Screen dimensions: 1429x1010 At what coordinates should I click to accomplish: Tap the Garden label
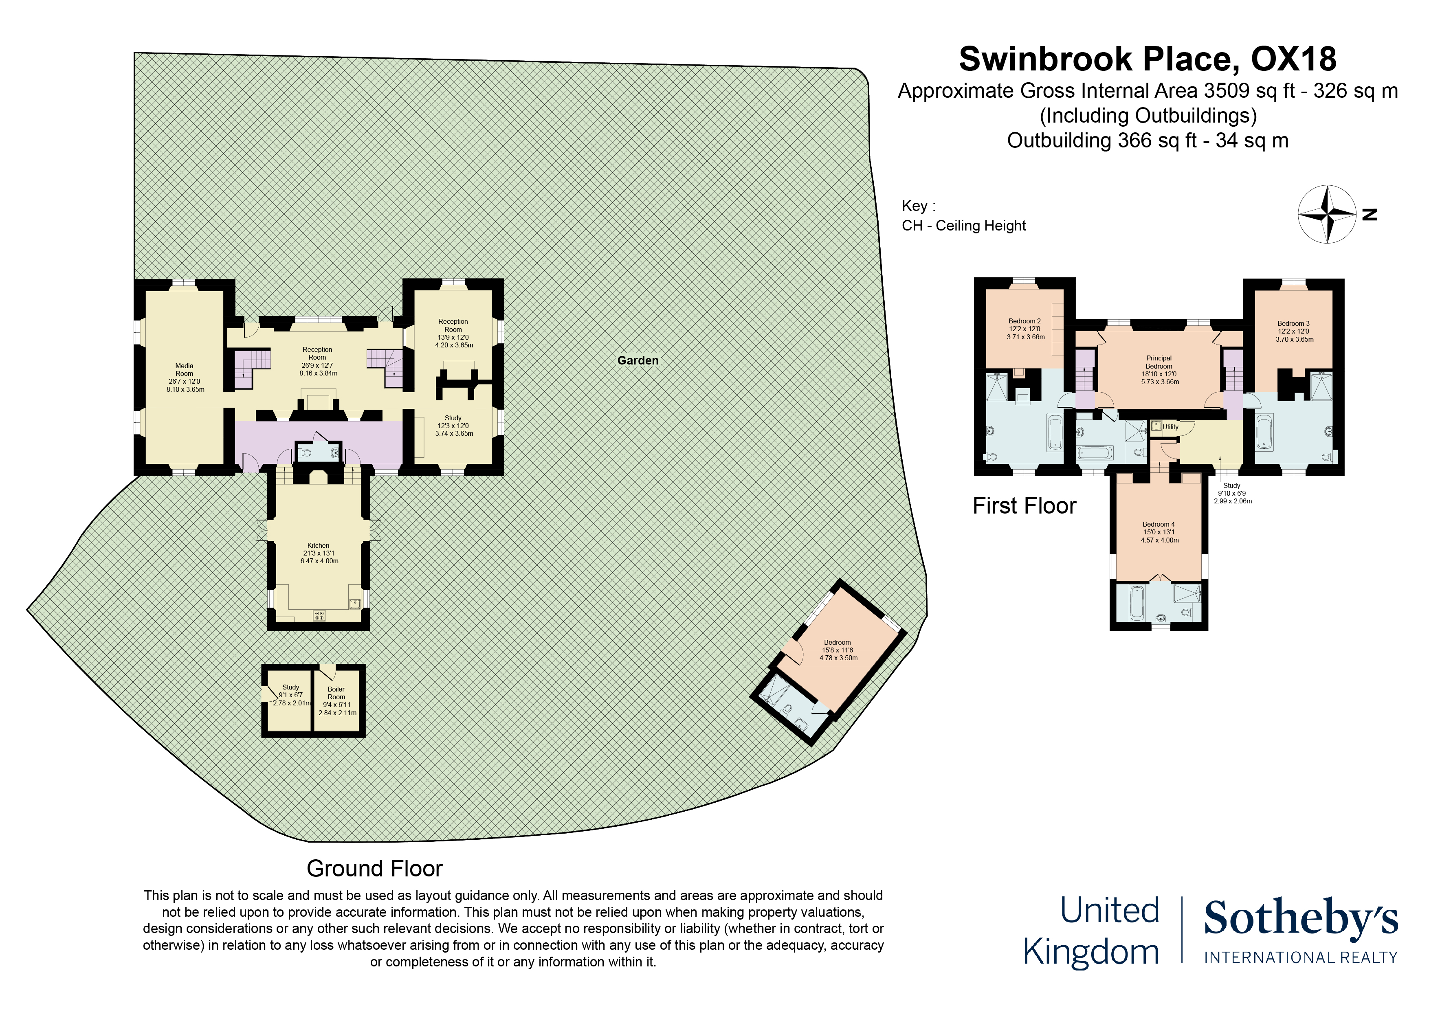(x=638, y=360)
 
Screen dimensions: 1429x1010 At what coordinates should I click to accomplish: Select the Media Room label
(x=184, y=370)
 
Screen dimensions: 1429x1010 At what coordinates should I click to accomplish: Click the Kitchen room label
(x=318, y=545)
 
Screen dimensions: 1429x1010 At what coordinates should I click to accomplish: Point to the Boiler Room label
(x=336, y=693)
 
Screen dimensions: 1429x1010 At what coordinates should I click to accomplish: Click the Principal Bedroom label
(x=1159, y=362)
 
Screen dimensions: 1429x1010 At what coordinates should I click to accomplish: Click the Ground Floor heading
(x=375, y=868)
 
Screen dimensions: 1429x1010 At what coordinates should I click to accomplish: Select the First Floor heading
(x=1024, y=505)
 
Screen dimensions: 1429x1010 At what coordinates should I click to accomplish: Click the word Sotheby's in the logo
(x=1301, y=918)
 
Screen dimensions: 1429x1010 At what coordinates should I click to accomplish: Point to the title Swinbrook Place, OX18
(x=1148, y=59)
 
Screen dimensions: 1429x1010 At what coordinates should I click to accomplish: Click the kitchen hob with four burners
(x=319, y=615)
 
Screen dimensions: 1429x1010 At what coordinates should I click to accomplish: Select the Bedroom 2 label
(x=1024, y=321)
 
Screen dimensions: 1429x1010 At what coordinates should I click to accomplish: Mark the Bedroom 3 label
(x=1293, y=324)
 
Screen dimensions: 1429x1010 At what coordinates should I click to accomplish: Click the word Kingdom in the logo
(x=1090, y=952)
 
